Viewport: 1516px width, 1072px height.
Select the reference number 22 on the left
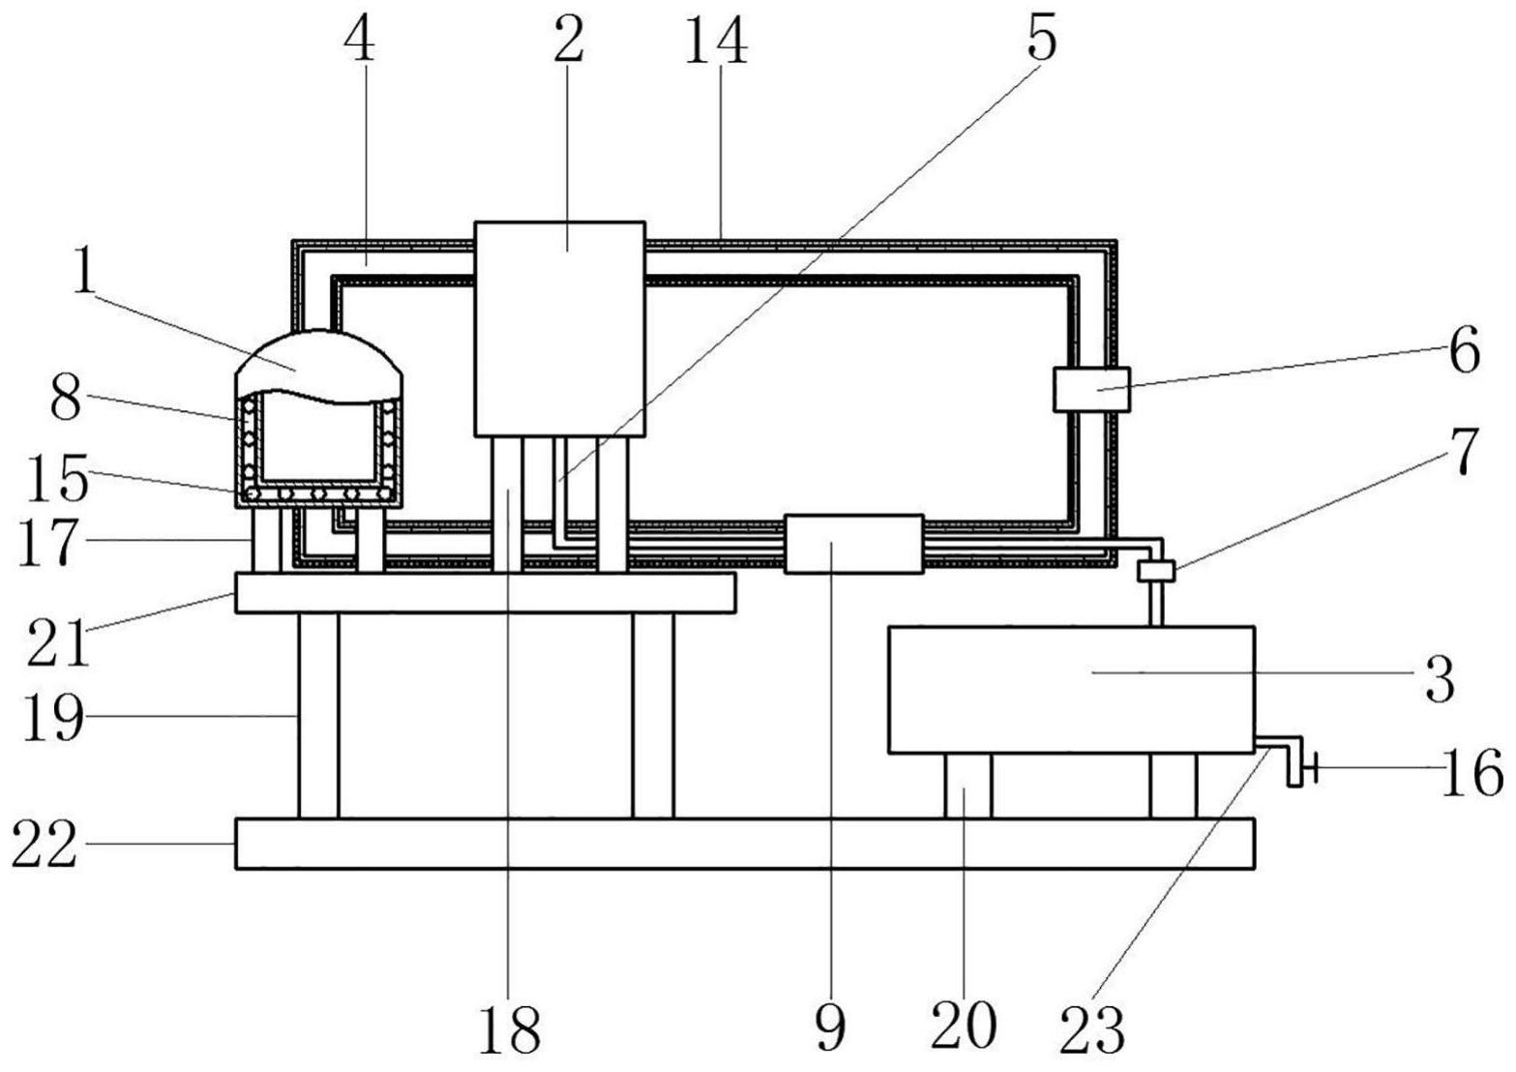[45, 845]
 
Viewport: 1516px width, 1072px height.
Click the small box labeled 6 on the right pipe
[1091, 389]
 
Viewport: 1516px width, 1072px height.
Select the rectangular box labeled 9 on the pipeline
[853, 544]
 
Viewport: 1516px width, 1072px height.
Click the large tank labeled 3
[1070, 689]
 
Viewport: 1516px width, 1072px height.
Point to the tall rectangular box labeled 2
[559, 329]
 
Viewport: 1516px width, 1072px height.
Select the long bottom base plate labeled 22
[745, 844]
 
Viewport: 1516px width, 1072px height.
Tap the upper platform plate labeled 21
[484, 592]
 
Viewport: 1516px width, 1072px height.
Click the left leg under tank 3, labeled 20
[967, 786]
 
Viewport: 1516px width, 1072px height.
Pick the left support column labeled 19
[318, 715]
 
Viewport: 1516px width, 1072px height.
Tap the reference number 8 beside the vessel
[66, 400]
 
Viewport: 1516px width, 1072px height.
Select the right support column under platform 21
[653, 715]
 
